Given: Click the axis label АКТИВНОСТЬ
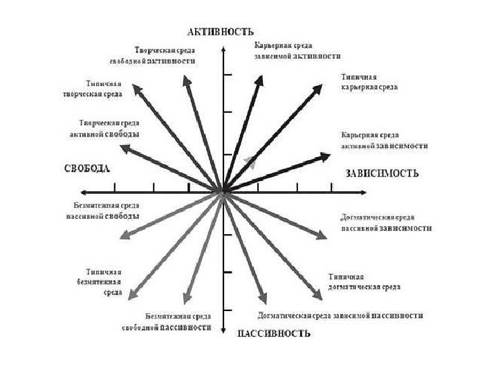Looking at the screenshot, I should pyautogui.click(x=221, y=31).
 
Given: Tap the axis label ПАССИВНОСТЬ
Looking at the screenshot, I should pyautogui.click(x=274, y=333).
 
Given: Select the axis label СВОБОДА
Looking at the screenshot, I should pyautogui.click(x=87, y=168).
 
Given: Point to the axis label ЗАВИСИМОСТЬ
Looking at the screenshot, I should pyautogui.click(x=382, y=173).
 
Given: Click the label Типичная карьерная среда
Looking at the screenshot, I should pyautogui.click(x=369, y=82).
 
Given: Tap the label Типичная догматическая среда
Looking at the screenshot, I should pyautogui.click(x=364, y=282).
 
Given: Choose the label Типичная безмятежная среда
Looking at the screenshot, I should pyautogui.click(x=104, y=282).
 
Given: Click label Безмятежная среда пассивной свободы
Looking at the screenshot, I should pyautogui.click(x=107, y=210).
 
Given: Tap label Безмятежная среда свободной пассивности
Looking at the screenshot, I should pyautogui.click(x=167, y=321).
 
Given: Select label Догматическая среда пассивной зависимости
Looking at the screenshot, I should pyautogui.click(x=387, y=222).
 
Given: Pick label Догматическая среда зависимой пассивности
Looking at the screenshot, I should pyautogui.click(x=340, y=316).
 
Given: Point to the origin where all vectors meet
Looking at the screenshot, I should pyautogui.click(x=223, y=191).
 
